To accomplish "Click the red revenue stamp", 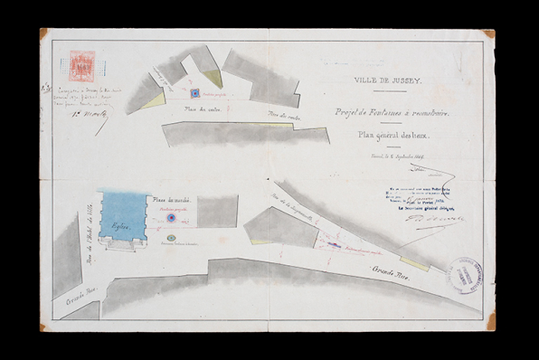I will [x=82, y=65].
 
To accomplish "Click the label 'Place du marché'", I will [x=170, y=200].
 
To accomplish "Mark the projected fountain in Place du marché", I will [x=170, y=218].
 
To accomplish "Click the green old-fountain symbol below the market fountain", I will [x=171, y=237].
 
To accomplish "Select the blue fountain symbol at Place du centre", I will [x=194, y=92].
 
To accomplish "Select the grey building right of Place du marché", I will [x=217, y=212].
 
